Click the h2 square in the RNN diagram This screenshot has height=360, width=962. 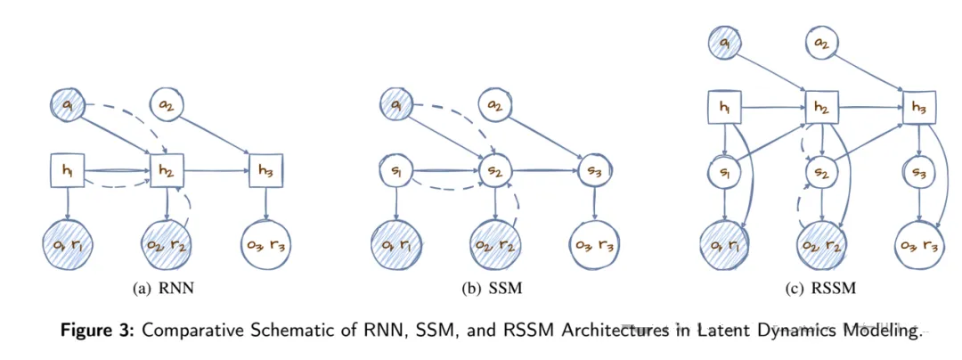(167, 169)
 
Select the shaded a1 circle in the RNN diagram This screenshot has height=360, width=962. (69, 105)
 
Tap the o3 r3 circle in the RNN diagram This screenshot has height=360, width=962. (265, 246)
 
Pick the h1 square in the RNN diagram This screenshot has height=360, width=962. (66, 169)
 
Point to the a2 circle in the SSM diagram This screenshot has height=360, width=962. (494, 105)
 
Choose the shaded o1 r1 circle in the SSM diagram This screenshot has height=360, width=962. (396, 246)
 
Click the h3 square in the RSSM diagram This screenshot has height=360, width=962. (918, 108)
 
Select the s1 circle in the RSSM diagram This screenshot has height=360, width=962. (724, 174)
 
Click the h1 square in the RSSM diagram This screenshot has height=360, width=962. (724, 108)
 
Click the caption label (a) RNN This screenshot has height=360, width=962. (163, 288)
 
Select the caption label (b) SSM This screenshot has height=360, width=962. (492, 288)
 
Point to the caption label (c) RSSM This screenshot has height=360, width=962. (821, 288)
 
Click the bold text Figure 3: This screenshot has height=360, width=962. (99, 331)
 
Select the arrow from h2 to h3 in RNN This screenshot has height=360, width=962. (216, 169)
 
